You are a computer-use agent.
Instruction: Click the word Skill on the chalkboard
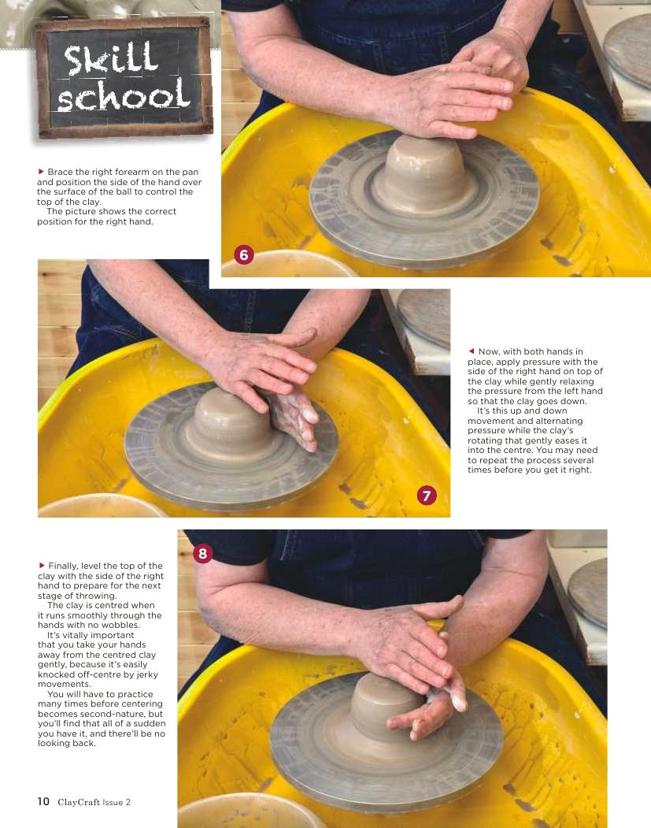pyautogui.click(x=110, y=58)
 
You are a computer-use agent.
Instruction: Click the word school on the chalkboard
pyautogui.click(x=124, y=96)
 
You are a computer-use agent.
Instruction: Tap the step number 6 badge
pyautogui.click(x=244, y=255)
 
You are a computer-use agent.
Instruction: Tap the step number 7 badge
pyautogui.click(x=427, y=496)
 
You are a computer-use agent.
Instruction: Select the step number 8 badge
pyautogui.click(x=202, y=553)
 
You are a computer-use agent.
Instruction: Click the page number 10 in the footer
pyautogui.click(x=43, y=801)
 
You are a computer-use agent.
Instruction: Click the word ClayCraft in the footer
pyautogui.click(x=79, y=802)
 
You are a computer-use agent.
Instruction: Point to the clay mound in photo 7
pyautogui.click(x=231, y=423)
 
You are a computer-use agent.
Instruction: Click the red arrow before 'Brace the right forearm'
pyautogui.click(x=41, y=172)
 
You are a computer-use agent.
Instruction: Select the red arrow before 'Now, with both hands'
pyautogui.click(x=472, y=351)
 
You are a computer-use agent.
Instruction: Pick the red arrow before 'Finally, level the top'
pyautogui.click(x=42, y=566)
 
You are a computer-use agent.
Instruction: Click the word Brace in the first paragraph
pyautogui.click(x=59, y=172)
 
